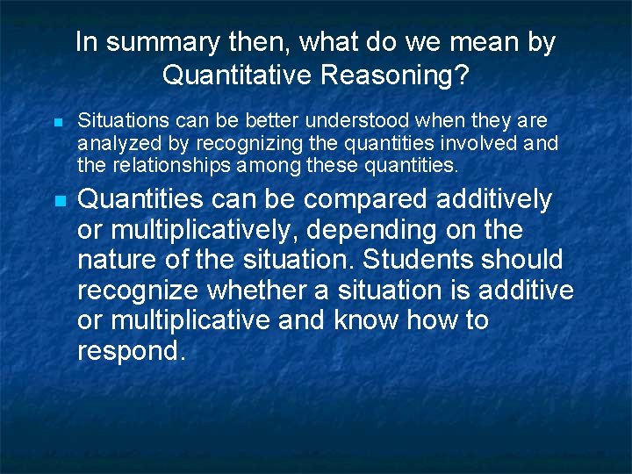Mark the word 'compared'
(348, 199)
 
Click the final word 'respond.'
(132, 351)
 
